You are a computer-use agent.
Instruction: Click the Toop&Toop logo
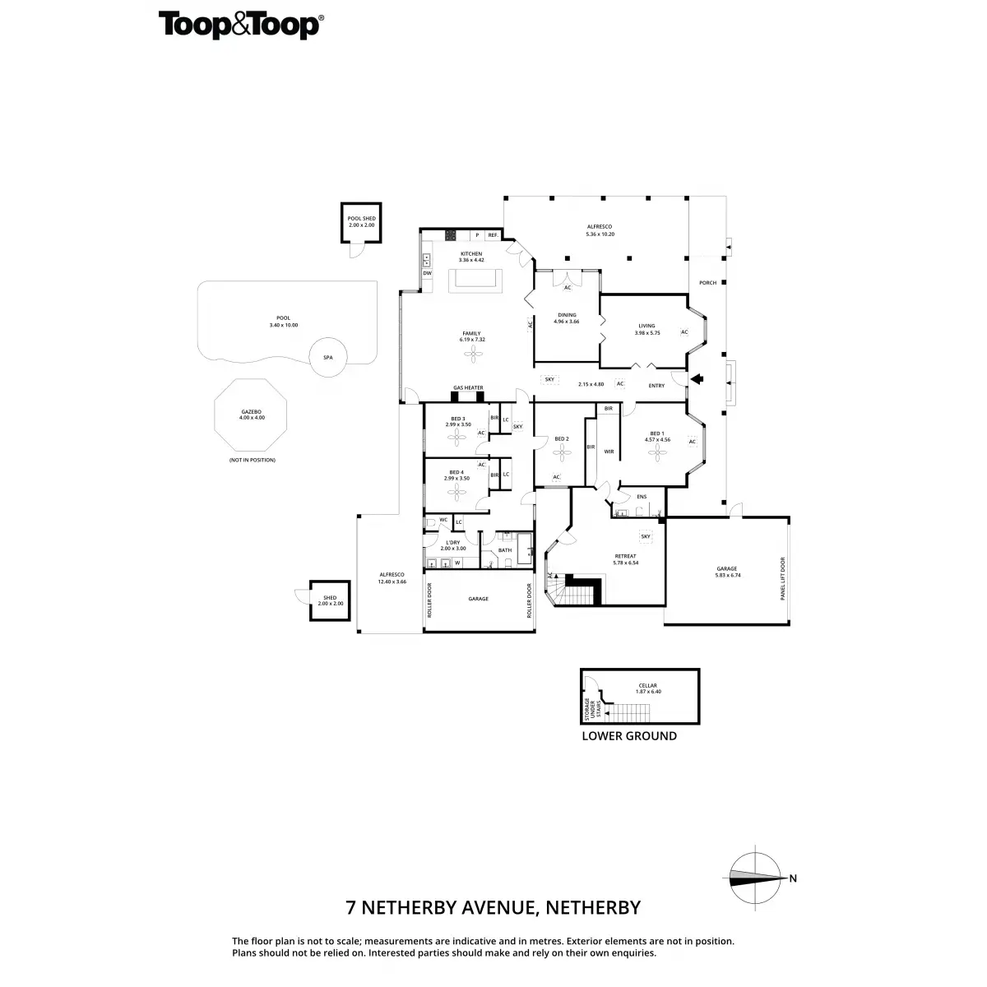coord(239,25)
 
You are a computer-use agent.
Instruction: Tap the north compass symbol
coord(757,878)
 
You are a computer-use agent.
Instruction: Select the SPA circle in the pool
coord(327,358)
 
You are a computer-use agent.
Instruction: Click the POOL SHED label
coord(361,219)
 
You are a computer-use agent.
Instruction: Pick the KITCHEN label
coord(470,253)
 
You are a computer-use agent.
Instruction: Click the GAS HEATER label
coord(468,387)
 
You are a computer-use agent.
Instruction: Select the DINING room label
coord(567,315)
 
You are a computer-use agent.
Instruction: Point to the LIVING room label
coord(646,326)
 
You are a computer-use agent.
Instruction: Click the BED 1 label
coord(656,433)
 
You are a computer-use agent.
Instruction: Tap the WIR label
coord(609,452)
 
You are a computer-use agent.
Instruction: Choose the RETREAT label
coord(625,556)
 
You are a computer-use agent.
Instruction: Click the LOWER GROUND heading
coord(629,736)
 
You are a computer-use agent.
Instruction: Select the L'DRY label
coord(452,543)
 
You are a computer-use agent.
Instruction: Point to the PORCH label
coord(707,283)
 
